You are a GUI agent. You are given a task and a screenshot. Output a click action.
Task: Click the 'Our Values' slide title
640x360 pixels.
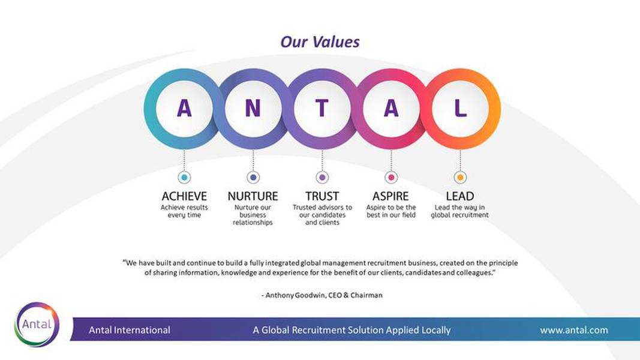pyautogui.click(x=320, y=41)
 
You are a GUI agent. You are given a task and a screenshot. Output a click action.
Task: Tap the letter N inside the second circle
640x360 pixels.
pyautogui.click(x=253, y=108)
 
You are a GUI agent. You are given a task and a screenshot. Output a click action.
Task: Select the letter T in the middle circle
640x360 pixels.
pyautogui.click(x=322, y=108)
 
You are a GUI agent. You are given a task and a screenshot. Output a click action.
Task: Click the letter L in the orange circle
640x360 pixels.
pyautogui.click(x=461, y=108)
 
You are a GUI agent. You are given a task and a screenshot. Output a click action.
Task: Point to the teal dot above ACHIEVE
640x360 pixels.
pyautogui.click(x=184, y=178)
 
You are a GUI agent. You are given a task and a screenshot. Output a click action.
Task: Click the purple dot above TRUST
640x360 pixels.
pyautogui.click(x=322, y=178)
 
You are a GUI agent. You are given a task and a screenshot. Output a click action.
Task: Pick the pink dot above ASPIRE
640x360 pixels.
pyautogui.click(x=391, y=178)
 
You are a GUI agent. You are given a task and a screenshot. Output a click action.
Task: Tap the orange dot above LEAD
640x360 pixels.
pyautogui.click(x=460, y=178)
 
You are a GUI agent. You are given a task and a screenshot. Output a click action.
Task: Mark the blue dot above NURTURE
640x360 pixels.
pyautogui.click(x=253, y=178)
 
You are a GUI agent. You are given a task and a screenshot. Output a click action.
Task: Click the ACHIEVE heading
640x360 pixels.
pyautogui.click(x=184, y=196)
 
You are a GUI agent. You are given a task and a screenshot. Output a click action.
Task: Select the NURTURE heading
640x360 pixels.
pyautogui.click(x=253, y=196)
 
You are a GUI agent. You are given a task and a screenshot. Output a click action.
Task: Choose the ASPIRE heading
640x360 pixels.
pyautogui.click(x=390, y=196)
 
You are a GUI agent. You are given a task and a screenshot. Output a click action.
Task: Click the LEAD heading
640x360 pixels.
pyautogui.click(x=459, y=196)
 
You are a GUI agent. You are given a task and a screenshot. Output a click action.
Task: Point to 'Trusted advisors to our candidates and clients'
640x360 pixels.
pyautogui.click(x=322, y=215)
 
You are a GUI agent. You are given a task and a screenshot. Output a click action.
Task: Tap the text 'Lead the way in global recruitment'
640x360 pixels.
pyautogui.click(x=459, y=211)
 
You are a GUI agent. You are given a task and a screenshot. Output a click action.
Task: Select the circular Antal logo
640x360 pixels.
pyautogui.click(x=37, y=325)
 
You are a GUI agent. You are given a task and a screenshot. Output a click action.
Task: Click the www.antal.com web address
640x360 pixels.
pyautogui.click(x=574, y=330)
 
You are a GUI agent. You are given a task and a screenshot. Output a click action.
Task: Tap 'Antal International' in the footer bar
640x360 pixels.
pyautogui.click(x=130, y=330)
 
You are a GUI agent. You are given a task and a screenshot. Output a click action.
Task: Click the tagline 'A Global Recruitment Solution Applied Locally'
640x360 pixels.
pyautogui.click(x=351, y=330)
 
